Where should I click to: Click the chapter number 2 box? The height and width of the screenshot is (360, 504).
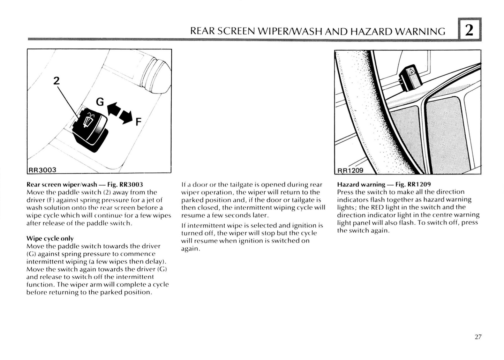pyautogui.click(x=469, y=30)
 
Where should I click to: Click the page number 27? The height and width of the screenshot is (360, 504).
pyautogui.click(x=478, y=337)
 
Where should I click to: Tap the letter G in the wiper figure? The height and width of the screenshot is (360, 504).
pyautogui.click(x=100, y=102)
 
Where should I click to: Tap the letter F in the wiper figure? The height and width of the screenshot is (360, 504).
pyautogui.click(x=138, y=122)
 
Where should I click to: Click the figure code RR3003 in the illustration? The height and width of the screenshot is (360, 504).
pyautogui.click(x=42, y=170)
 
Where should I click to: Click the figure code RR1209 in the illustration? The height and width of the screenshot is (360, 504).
pyautogui.click(x=350, y=170)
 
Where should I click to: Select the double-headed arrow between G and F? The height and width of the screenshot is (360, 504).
pyautogui.click(x=120, y=112)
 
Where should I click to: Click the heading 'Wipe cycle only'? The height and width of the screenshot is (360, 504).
pyautogui.click(x=50, y=238)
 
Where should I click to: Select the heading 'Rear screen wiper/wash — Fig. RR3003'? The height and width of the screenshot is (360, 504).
pyautogui.click(x=85, y=184)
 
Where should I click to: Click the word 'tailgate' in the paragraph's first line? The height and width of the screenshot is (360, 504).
pyautogui.click(x=241, y=185)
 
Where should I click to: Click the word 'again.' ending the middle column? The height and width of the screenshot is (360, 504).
pyautogui.click(x=190, y=249)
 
